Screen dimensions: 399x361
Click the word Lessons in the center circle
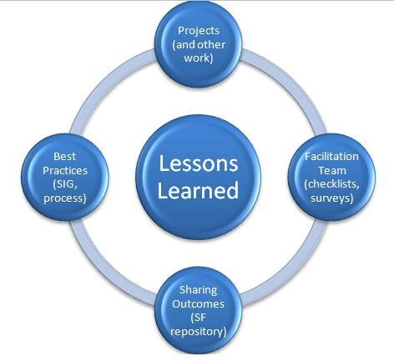199,163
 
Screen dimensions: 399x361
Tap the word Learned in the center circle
198,190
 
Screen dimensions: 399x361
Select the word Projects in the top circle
199,31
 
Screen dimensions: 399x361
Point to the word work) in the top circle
199,58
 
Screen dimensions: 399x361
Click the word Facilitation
331,156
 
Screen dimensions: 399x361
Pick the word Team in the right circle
332,170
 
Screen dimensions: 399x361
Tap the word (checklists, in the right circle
331,184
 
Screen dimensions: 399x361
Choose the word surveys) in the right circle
331,198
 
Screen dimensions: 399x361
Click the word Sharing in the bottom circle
198,290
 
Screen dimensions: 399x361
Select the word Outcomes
198,303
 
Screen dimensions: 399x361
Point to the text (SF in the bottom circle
198,318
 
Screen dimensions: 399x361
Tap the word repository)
198,332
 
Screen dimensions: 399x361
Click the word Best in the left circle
64,156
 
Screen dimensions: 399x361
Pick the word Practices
65,170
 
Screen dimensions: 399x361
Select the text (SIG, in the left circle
65,185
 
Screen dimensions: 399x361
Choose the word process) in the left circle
65,198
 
